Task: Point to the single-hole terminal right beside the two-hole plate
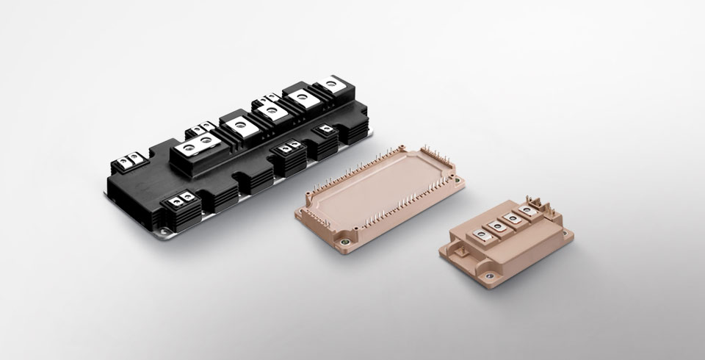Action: point(239,125)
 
